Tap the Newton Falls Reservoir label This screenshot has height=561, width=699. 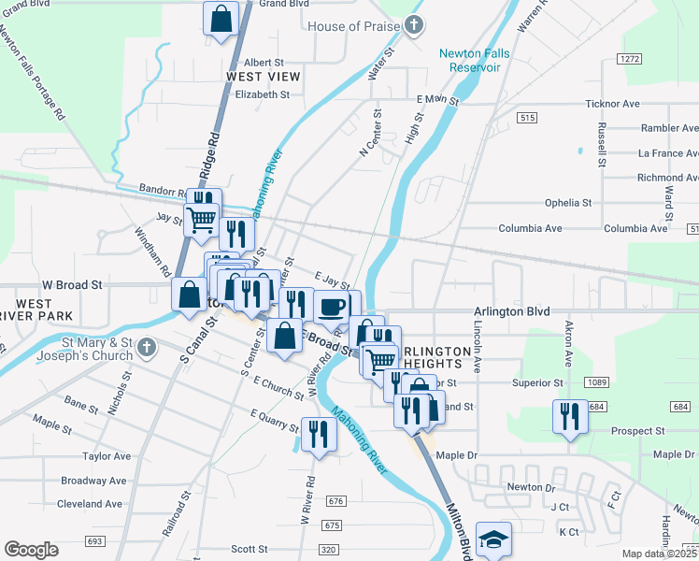click(x=475, y=60)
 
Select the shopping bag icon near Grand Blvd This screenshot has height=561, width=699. click(x=221, y=18)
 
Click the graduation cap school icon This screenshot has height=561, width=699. click(x=493, y=539)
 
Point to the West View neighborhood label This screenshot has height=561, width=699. click(x=264, y=76)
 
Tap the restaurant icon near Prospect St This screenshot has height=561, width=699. click(x=570, y=415)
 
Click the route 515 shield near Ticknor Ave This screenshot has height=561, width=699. click(x=528, y=117)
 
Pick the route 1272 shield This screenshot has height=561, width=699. click(x=629, y=58)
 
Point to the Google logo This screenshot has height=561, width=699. click(x=31, y=549)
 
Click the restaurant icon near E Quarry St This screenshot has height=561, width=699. click(x=319, y=432)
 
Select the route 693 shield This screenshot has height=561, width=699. click(x=93, y=541)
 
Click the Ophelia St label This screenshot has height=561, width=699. click(x=569, y=202)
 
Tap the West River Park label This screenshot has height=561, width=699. click(x=35, y=310)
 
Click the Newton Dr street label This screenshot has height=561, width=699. click(x=531, y=487)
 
